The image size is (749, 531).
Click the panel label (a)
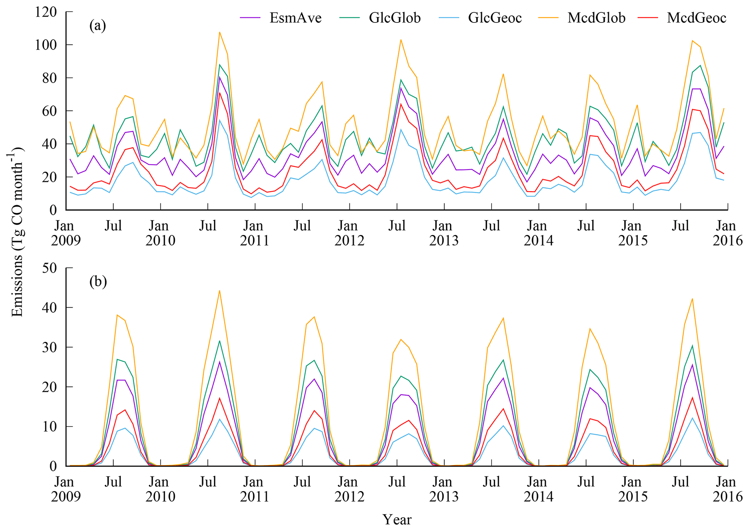coord(97,26)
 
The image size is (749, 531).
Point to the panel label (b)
coord(98,281)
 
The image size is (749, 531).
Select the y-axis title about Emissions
coord(17,232)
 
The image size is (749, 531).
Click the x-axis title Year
coord(397,520)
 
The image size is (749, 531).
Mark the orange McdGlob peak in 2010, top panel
coord(220,32)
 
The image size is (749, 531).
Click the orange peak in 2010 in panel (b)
coord(220,290)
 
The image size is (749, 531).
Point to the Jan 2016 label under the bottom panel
coord(727,489)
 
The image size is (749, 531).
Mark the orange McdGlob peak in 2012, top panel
coord(401,39)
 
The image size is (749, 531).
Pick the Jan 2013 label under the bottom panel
coord(444,489)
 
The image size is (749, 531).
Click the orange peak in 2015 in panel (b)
coord(692,299)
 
